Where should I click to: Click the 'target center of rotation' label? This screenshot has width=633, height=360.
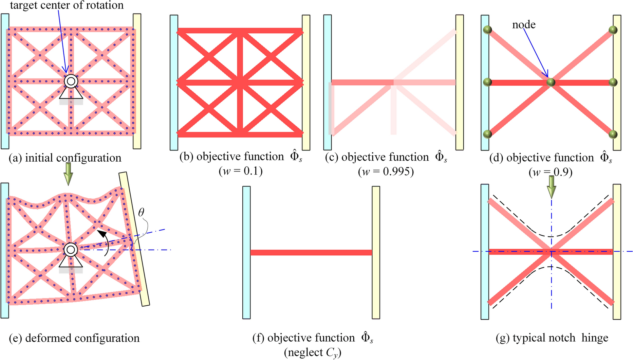(x=67, y=5)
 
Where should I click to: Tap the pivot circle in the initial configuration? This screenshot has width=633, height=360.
(x=71, y=81)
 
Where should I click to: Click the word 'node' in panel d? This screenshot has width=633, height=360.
(x=524, y=25)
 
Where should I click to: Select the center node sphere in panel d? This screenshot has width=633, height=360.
(x=551, y=82)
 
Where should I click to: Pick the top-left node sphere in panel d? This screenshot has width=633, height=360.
(x=487, y=30)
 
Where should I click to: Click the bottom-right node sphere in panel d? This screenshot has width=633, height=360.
(x=613, y=134)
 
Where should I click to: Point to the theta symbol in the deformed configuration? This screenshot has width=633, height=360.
(x=141, y=213)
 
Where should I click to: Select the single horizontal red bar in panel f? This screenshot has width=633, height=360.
(x=311, y=252)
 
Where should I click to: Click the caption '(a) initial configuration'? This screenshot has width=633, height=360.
(x=65, y=158)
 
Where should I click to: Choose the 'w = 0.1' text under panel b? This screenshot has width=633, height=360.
(x=241, y=171)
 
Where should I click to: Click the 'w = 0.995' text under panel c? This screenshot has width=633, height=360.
(x=386, y=172)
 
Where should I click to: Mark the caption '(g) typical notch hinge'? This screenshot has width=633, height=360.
(x=552, y=338)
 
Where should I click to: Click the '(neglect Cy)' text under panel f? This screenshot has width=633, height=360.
(x=313, y=353)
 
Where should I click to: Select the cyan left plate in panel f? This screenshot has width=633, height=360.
(x=246, y=252)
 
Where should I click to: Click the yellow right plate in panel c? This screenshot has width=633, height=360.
(x=459, y=82)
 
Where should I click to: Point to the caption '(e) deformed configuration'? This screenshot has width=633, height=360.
(x=74, y=338)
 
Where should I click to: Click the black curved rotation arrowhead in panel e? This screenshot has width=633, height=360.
(x=100, y=233)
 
